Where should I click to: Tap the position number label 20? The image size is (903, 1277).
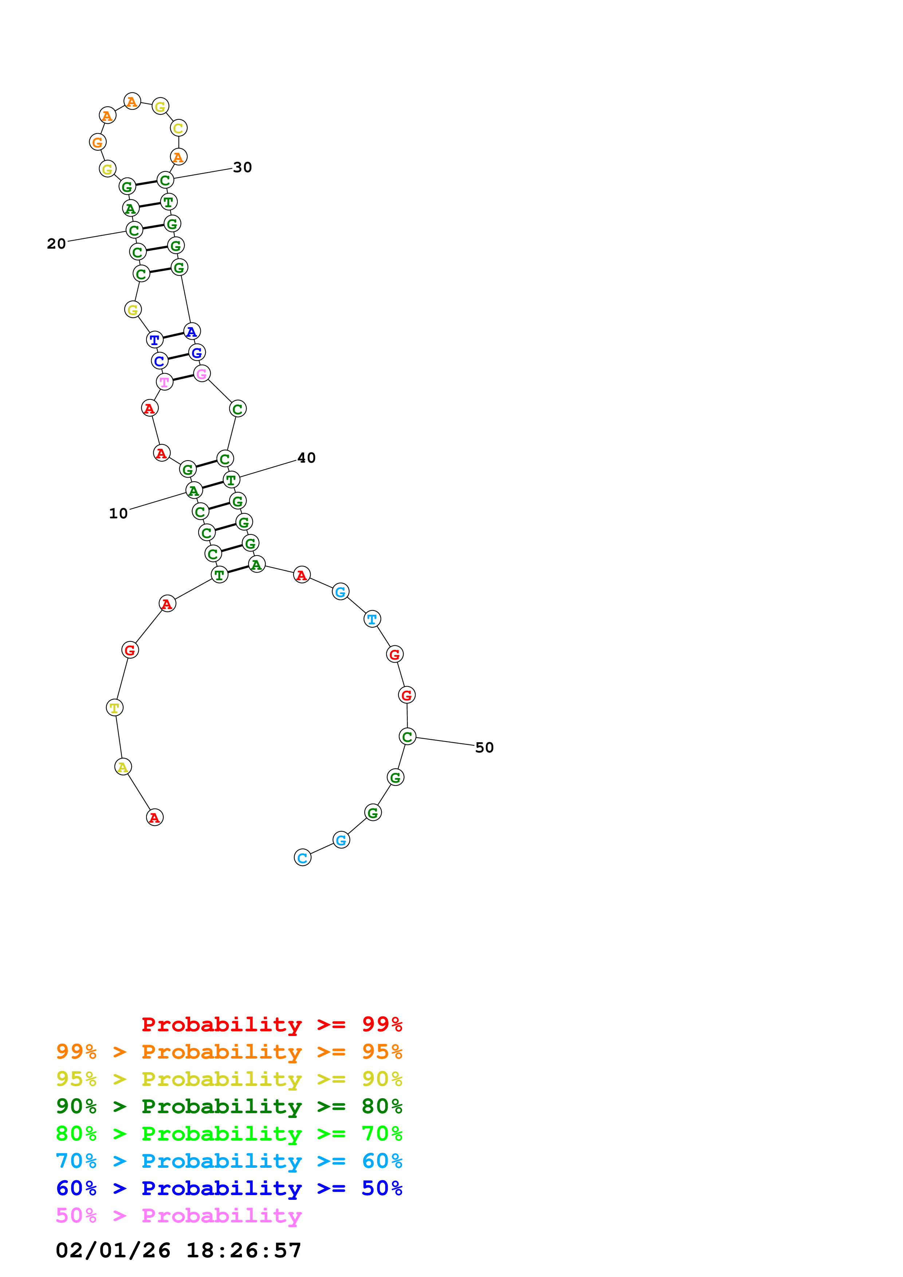[x=56, y=244]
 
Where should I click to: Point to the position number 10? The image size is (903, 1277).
[x=118, y=513]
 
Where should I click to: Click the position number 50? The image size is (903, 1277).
[x=484, y=747]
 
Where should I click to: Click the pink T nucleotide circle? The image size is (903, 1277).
[x=165, y=382]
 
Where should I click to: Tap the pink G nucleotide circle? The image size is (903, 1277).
[x=201, y=374]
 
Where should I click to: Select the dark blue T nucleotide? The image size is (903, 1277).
[x=155, y=339]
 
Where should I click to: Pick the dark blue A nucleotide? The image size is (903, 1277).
[x=191, y=332]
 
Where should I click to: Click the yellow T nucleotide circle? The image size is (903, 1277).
[x=115, y=707]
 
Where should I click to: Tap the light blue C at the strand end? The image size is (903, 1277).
[x=302, y=858]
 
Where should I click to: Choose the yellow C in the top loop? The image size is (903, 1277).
[x=178, y=128]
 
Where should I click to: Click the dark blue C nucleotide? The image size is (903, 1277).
[x=159, y=361]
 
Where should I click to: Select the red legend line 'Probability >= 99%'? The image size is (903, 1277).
[x=271, y=1024]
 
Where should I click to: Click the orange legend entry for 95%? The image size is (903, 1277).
[x=229, y=1051]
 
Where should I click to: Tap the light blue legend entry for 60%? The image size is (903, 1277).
[x=229, y=1161]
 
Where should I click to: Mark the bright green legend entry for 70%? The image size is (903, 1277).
[x=229, y=1134]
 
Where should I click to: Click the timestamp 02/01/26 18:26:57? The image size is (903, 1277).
[x=178, y=1250]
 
